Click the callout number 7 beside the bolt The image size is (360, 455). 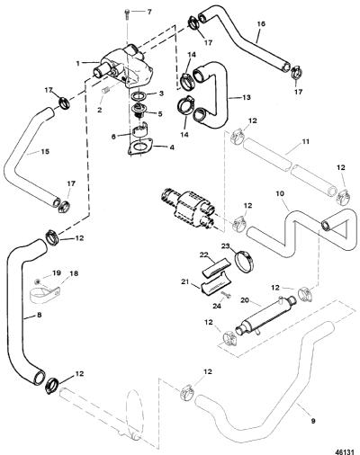pyautogui.click(x=149, y=13)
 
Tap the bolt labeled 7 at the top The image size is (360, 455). pyautogui.click(x=128, y=13)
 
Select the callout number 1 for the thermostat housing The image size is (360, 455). pyautogui.click(x=77, y=64)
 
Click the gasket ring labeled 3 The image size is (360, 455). pyautogui.click(x=139, y=96)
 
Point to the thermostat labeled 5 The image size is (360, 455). pyautogui.click(x=139, y=111)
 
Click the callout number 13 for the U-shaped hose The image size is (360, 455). pyautogui.click(x=247, y=97)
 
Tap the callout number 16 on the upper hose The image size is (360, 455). pyautogui.click(x=261, y=23)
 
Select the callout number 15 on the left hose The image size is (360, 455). pyautogui.click(x=45, y=152)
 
